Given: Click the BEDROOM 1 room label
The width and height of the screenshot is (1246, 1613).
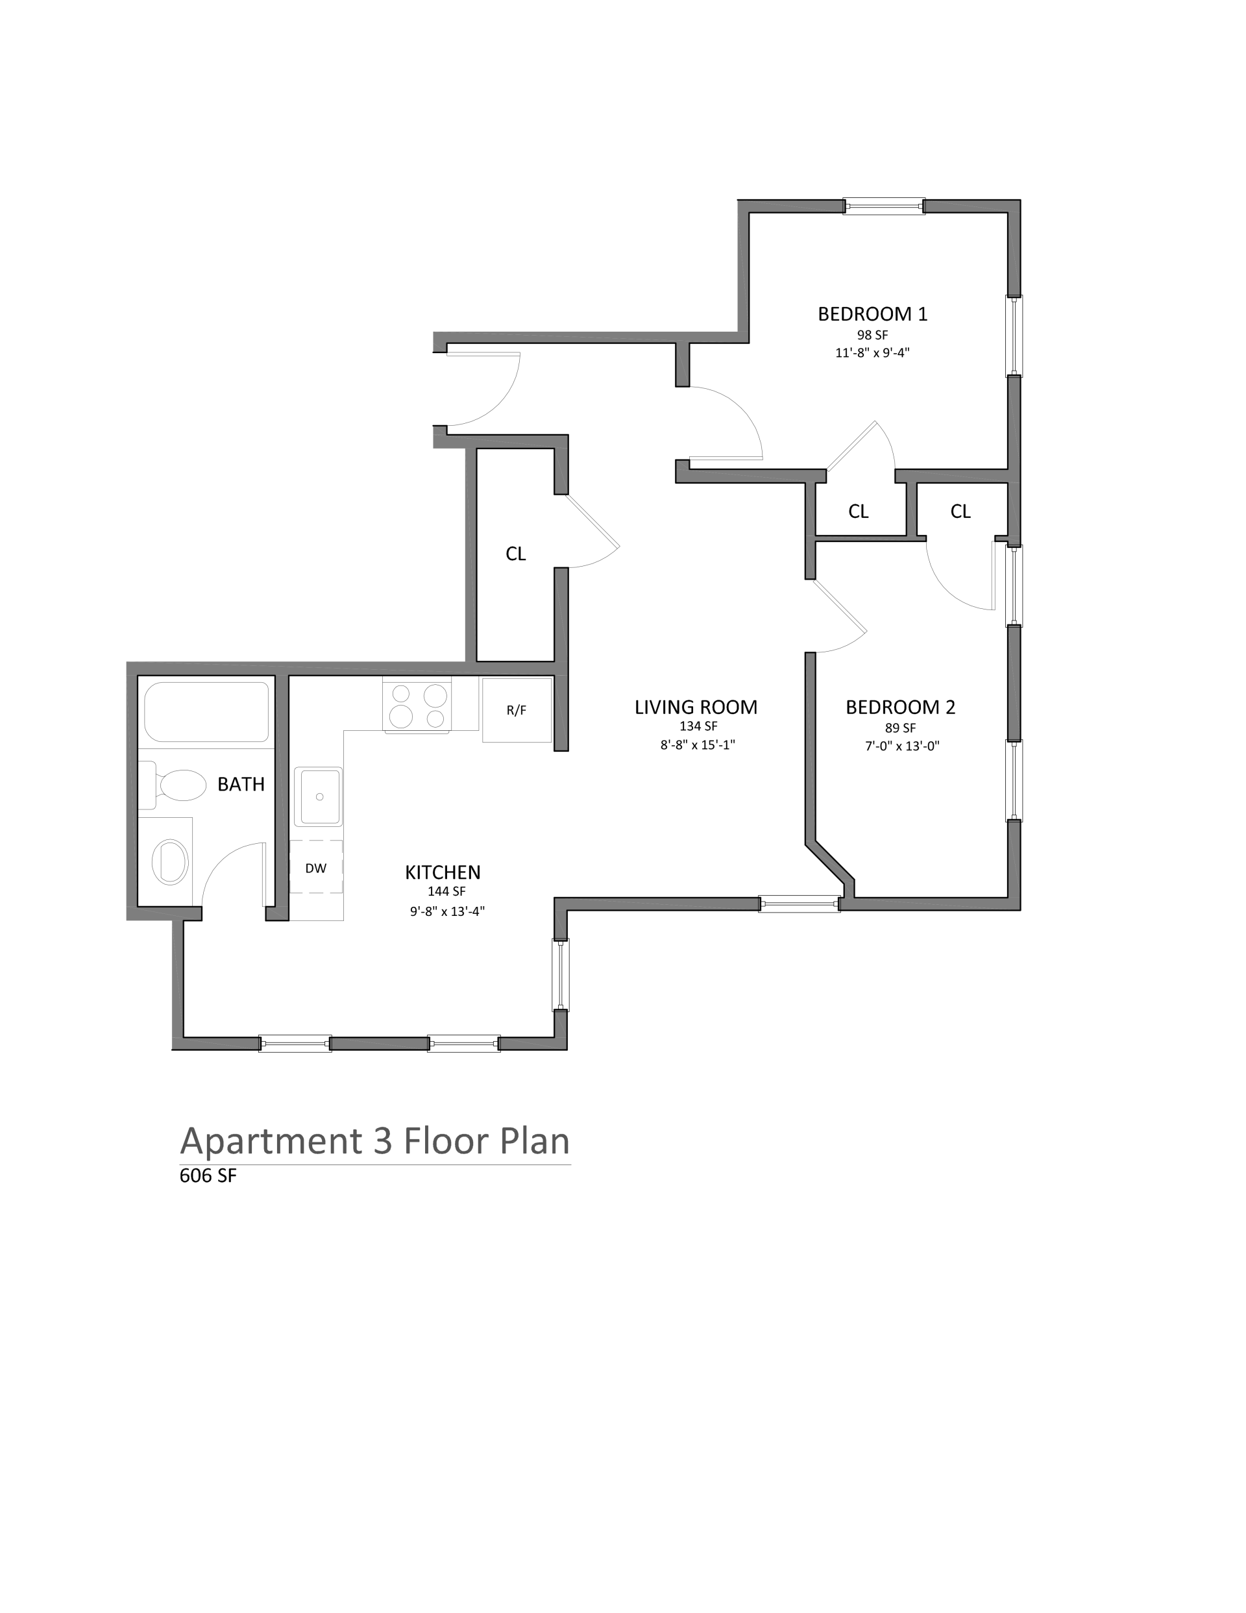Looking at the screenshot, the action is click(x=872, y=314).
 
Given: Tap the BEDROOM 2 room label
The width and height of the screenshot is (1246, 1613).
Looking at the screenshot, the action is click(x=900, y=707).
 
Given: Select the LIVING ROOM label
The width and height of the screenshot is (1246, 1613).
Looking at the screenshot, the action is click(x=696, y=707).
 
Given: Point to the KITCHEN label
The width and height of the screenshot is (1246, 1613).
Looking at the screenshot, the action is click(x=443, y=872).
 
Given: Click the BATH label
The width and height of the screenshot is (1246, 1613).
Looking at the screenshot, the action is click(x=241, y=784).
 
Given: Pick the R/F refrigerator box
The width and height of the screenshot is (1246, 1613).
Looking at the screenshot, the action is click(x=517, y=709).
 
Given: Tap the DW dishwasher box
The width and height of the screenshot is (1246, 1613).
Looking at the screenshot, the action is click(x=316, y=867).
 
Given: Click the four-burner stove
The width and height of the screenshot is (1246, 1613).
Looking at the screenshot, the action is click(x=417, y=704).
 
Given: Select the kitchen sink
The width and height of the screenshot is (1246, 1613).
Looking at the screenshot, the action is click(x=319, y=796).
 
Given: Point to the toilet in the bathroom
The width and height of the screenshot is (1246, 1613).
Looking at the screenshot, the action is click(x=173, y=785).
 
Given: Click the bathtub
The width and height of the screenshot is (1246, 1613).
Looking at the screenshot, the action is click(x=207, y=711).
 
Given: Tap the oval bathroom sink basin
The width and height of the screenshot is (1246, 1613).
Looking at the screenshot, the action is click(x=170, y=861).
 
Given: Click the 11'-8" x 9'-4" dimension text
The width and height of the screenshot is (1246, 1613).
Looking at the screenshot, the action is click(x=872, y=353).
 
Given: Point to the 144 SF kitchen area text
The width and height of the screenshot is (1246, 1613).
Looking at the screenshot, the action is click(x=446, y=891).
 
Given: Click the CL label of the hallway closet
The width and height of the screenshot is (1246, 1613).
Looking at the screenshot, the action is click(x=515, y=554).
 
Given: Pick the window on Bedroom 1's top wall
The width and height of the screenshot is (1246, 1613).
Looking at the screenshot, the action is click(x=884, y=206).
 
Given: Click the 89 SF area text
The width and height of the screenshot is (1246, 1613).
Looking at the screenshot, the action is click(x=900, y=728).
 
